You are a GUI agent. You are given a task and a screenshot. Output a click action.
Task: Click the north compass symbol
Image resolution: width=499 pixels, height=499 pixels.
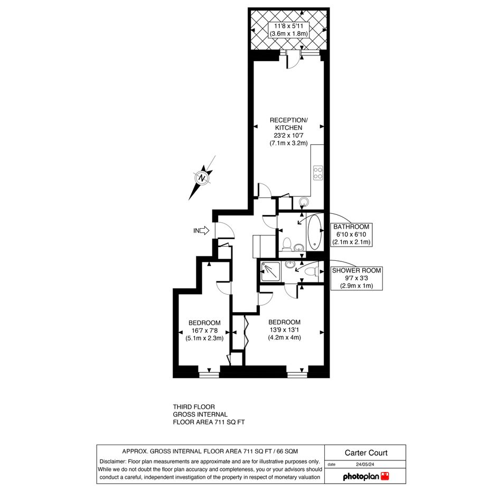pos(202,177)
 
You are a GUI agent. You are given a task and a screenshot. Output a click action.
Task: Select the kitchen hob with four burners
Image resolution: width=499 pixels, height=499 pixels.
pos(318,173)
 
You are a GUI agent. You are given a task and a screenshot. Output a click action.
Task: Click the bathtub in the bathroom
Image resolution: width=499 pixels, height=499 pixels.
pos(315,232)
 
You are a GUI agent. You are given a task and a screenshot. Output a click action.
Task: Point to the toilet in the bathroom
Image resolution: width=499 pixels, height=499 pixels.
pos(287,244)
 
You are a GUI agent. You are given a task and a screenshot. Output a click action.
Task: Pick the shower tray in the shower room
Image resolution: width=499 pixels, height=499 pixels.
pos(270,271)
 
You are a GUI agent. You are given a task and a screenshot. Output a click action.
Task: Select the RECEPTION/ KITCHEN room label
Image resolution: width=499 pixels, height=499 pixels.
pos(289,124)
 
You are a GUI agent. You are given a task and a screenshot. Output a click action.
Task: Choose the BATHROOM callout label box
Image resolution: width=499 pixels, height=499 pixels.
pos(351,234)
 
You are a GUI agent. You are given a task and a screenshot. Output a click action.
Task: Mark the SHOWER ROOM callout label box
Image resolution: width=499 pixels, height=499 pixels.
pos(356,278)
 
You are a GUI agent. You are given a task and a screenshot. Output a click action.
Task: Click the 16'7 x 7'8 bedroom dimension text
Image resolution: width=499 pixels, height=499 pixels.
pos(204,331)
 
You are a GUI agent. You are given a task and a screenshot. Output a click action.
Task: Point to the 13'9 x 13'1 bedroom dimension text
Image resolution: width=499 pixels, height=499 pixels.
pos(284,330)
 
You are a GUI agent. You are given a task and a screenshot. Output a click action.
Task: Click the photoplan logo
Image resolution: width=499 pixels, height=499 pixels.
pos(366,476)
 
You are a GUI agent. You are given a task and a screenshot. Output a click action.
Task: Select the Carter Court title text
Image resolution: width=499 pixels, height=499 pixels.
pos(366,453)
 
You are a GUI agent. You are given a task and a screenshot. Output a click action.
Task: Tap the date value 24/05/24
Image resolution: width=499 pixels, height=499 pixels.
pos(365,464)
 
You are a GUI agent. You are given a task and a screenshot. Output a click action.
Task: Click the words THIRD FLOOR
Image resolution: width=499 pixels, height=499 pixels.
pos(194,407)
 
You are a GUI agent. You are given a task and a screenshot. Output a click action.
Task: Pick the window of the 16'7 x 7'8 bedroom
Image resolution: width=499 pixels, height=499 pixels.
pos(209,375)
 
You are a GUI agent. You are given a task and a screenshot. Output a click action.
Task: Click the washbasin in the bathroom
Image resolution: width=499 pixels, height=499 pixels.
pos(298,247)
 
